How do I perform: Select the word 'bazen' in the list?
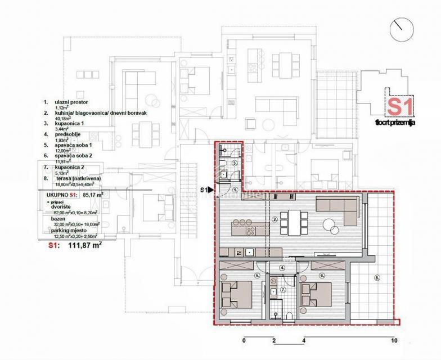[58, 223]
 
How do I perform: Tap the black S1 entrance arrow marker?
[210, 190]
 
